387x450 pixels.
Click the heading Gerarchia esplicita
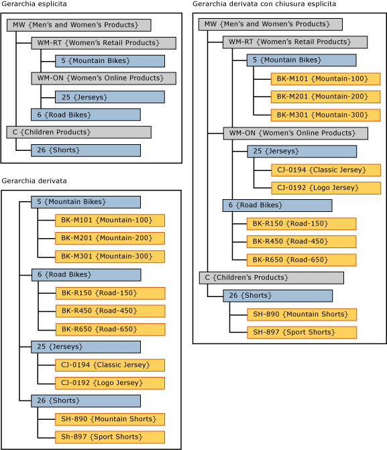34,5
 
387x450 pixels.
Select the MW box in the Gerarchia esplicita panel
78,25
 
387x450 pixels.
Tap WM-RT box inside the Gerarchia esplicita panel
103,43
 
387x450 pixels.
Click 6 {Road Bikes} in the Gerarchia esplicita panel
85,115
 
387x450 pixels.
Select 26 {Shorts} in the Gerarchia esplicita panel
85,150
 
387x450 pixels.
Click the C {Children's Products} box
271,278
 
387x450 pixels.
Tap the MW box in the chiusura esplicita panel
270,24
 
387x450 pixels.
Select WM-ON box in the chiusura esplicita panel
295,133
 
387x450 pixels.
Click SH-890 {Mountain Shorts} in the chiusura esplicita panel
301,314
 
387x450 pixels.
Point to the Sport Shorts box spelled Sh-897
109,437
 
